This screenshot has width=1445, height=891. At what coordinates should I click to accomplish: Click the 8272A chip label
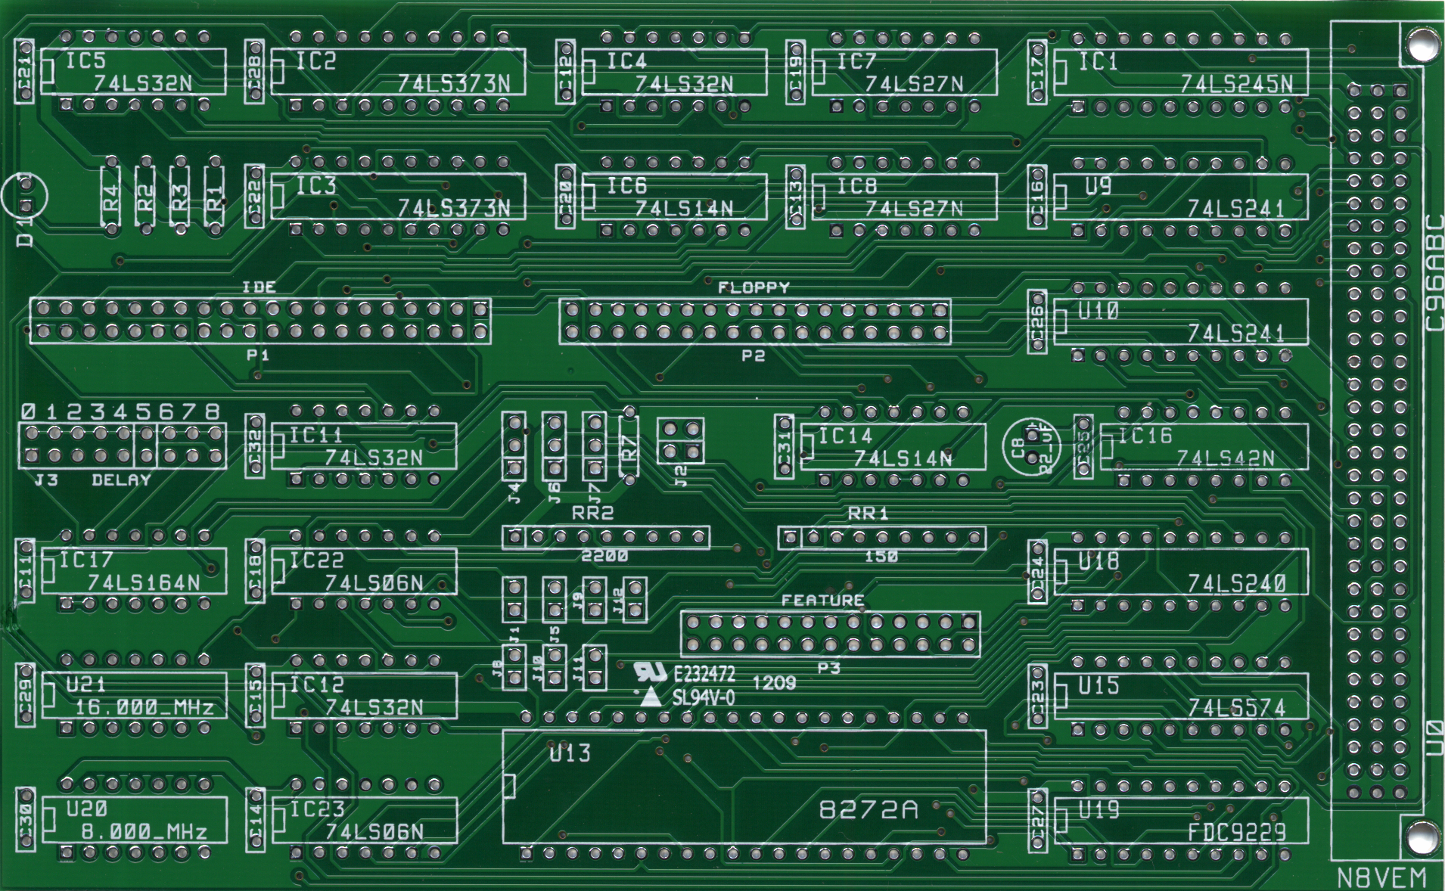coord(869,810)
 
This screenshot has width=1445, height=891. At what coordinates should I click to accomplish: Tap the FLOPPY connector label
coord(754,287)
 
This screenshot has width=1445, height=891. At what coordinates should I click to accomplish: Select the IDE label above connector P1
coord(259,287)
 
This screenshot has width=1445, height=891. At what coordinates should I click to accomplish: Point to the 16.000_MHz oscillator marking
coord(144,708)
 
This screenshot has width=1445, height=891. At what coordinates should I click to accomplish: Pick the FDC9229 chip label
coord(1236,833)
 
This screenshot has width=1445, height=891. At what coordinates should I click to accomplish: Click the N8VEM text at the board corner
coord(1381,877)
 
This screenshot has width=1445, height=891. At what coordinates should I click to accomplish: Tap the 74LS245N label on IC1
coord(1236,84)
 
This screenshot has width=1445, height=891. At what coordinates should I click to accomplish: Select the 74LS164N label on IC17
coord(144,583)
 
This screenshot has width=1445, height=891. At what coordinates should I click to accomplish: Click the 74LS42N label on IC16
coord(1225,458)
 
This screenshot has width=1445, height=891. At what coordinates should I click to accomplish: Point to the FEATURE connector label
coord(822,601)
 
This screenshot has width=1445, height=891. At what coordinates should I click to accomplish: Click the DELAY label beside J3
coord(121,480)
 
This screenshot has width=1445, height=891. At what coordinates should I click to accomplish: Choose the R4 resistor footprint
coord(110,195)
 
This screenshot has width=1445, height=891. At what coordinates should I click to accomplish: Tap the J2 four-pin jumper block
coord(680,441)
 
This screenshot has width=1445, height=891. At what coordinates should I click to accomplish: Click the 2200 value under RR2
coord(605,556)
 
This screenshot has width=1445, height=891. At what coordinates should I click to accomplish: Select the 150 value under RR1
coord(881,556)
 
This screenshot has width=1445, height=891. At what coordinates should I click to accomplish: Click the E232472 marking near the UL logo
coord(704,675)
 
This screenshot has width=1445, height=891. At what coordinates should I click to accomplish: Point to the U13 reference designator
coord(570,753)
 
